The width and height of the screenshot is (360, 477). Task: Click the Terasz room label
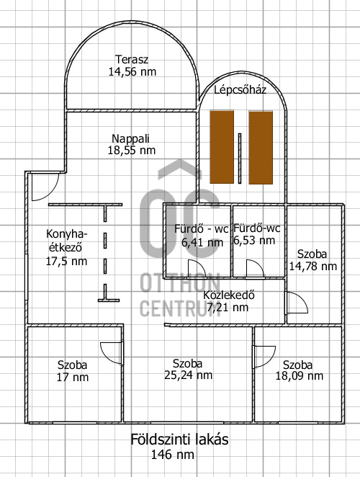click(132, 59)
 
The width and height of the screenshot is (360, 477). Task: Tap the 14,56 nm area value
click(132, 72)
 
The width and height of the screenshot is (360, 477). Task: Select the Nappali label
click(131, 139)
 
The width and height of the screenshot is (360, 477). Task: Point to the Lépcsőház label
click(240, 90)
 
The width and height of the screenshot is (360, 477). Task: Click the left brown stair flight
click(222, 147)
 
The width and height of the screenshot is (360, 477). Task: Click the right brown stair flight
click(261, 148)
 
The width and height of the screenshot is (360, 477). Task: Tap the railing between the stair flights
click(240, 159)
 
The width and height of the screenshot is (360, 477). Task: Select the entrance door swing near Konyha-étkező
click(45, 187)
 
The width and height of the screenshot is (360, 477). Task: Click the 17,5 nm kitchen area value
click(66, 261)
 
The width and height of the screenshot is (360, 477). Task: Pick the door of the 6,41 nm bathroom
click(197, 269)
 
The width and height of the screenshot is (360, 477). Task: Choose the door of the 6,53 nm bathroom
click(255, 268)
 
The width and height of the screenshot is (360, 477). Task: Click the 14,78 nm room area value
click(313, 267)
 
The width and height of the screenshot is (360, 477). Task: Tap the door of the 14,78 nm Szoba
click(297, 303)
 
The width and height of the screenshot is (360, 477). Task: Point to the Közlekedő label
click(229, 295)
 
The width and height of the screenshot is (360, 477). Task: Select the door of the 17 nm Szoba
click(112, 353)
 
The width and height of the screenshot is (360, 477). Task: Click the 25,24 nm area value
click(188, 375)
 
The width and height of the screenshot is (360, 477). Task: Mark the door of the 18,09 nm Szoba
click(265, 357)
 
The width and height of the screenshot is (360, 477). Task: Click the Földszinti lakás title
click(179, 440)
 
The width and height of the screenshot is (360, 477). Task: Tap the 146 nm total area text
click(172, 455)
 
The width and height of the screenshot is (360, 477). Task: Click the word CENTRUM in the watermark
click(180, 308)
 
